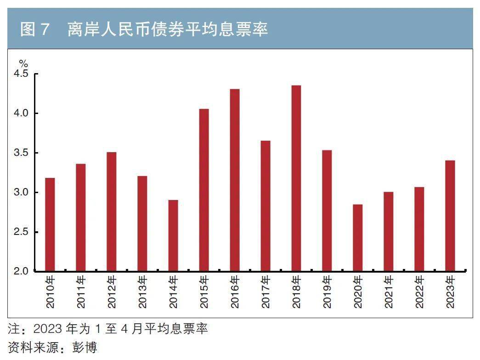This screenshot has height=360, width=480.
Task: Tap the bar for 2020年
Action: tap(357, 238)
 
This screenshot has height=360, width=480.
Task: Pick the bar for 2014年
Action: tap(173, 235)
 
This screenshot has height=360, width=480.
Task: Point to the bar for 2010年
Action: tap(50, 224)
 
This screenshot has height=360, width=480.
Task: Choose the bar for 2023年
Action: tap(450, 216)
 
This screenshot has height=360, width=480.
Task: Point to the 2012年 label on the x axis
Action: tap(112, 291)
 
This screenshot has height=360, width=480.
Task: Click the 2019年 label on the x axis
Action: tap(327, 291)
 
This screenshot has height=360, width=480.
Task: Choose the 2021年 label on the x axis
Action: tap(388, 291)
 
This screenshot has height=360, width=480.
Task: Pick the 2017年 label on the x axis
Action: tap(265, 291)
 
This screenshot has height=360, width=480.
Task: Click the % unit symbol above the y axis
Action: tap(23, 63)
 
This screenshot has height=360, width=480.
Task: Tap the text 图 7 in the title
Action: tap(34, 29)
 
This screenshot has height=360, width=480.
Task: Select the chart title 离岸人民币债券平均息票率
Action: tap(167, 29)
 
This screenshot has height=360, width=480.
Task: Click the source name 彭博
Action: tap(85, 346)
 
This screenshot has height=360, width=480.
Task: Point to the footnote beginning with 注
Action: tap(108, 329)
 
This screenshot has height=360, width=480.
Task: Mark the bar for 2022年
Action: tap(419, 229)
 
